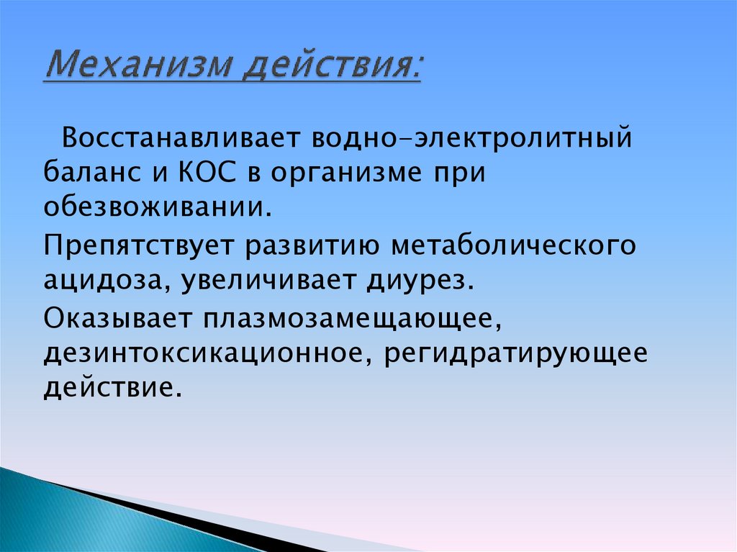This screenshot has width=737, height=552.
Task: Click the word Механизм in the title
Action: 137,68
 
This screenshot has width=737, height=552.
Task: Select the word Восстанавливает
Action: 180,137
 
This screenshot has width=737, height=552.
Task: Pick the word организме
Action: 338,174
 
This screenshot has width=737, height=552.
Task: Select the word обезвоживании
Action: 157,209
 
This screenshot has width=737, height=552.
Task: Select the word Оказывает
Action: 116,317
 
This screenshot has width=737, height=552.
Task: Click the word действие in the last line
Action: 108,389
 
